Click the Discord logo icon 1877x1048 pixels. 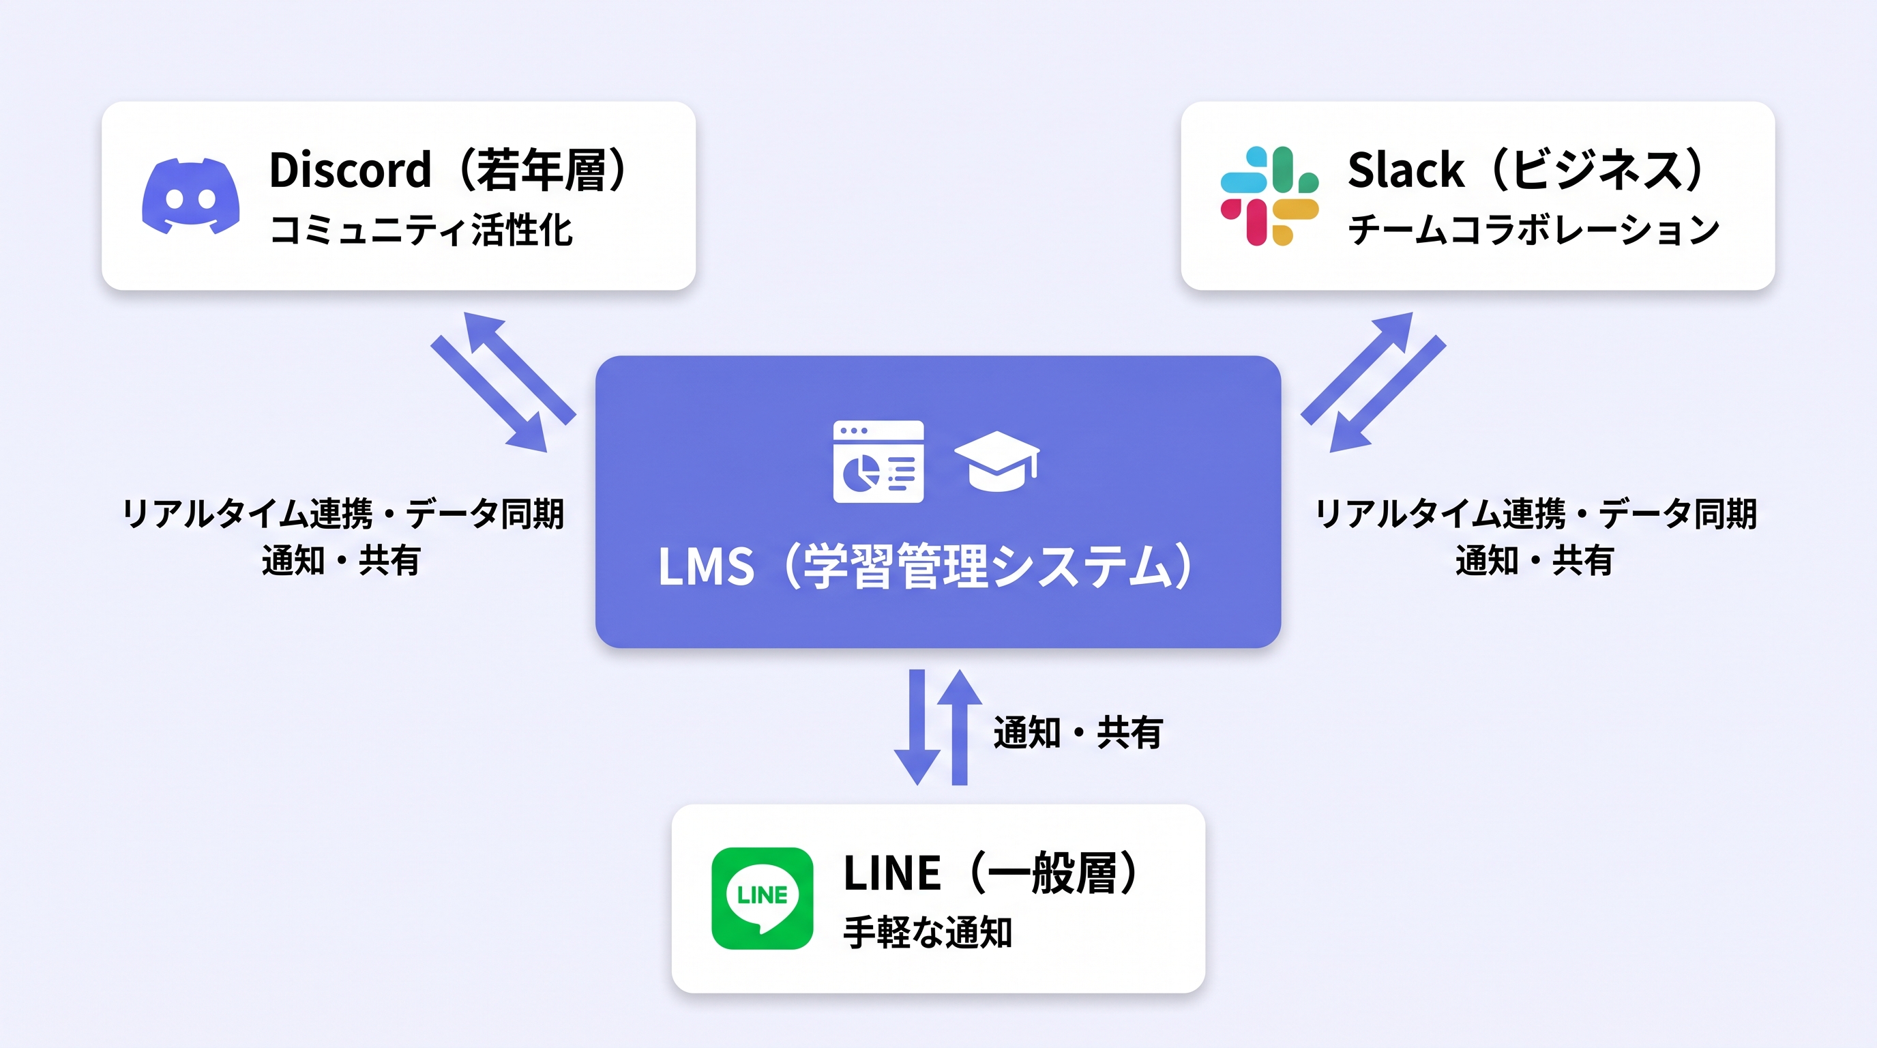click(x=191, y=196)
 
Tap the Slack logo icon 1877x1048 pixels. click(x=1269, y=196)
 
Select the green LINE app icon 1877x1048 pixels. click(x=762, y=898)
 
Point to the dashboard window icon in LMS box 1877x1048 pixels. click(x=878, y=461)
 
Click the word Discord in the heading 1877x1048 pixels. click(x=350, y=170)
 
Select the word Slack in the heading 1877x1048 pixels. click(x=1406, y=170)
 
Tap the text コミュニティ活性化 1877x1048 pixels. click(x=421, y=231)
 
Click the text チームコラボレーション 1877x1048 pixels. click(x=1533, y=231)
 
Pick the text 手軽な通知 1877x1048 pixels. click(x=927, y=932)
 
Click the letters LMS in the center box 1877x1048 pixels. click(x=705, y=567)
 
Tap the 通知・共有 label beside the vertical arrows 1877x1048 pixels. click(x=1077, y=732)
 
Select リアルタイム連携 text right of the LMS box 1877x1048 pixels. click(x=1440, y=514)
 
